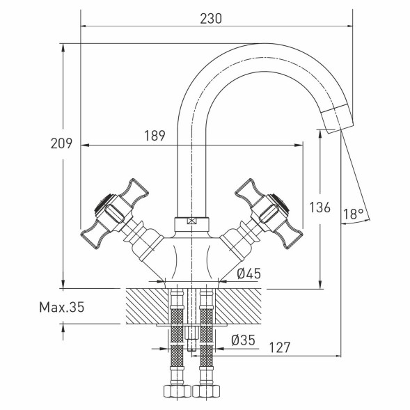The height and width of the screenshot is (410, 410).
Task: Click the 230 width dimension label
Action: pos(211,19)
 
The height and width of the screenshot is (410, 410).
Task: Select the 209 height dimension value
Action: pos(61,143)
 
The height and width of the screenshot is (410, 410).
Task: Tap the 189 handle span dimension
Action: pos(155,136)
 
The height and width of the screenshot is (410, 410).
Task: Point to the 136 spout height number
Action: pos(320,207)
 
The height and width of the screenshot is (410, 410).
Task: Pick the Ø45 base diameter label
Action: pos(249,274)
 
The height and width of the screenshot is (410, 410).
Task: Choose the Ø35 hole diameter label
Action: pos(243,340)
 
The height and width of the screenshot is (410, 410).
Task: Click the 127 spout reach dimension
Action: pos(280,347)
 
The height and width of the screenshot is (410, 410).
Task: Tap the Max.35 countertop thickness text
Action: pos(62,307)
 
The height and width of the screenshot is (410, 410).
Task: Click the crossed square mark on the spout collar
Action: pos(191,221)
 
